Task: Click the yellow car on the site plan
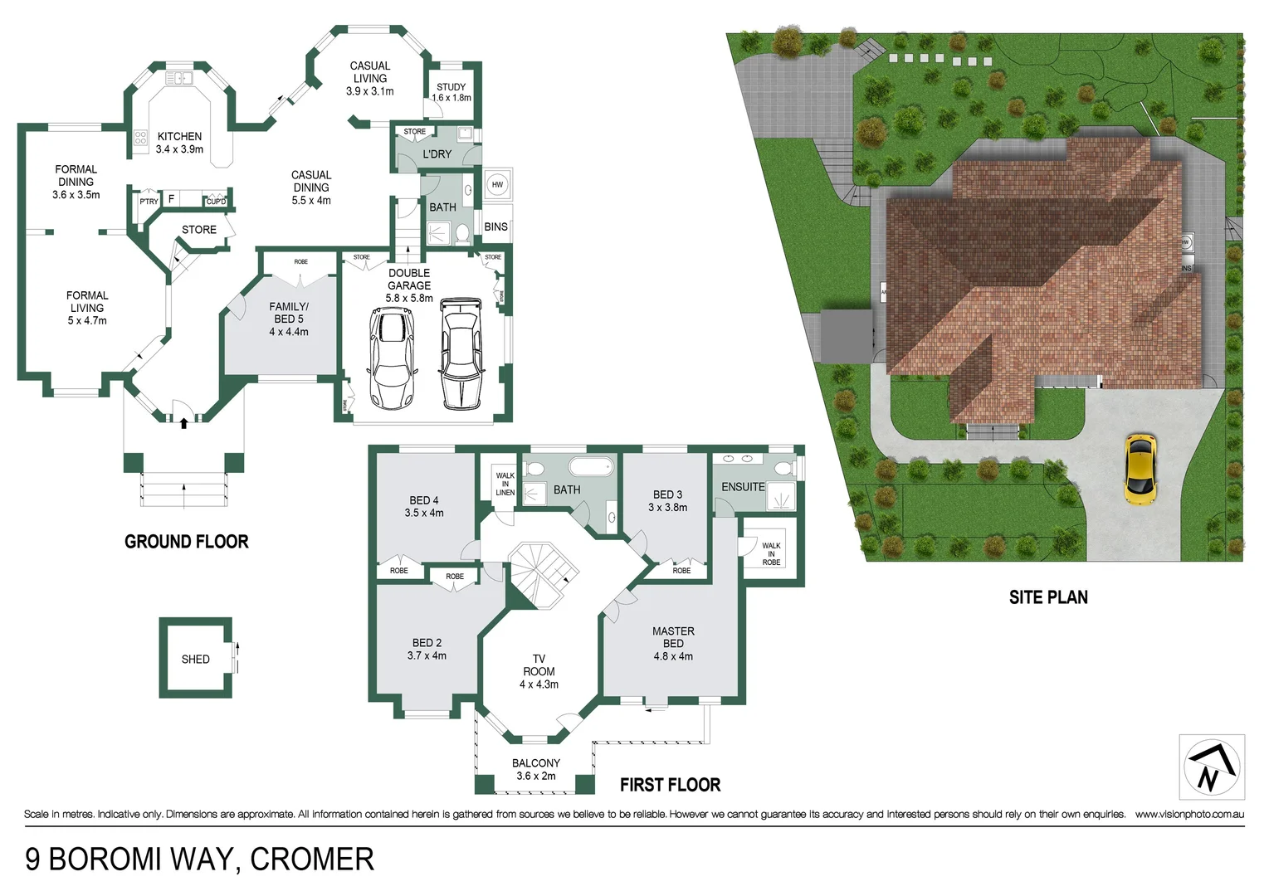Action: pyautogui.click(x=1140, y=469)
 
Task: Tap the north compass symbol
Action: pyautogui.click(x=1211, y=767)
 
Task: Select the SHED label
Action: pyautogui.click(x=195, y=659)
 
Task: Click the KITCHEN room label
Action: pyautogui.click(x=179, y=136)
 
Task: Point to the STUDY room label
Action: pyautogui.click(x=451, y=87)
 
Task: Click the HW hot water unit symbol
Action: pyautogui.click(x=497, y=184)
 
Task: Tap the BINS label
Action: pyautogui.click(x=495, y=226)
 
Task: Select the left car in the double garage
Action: pyautogui.click(x=392, y=358)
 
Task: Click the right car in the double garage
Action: pyautogui.click(x=461, y=354)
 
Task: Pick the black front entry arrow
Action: pyautogui.click(x=183, y=422)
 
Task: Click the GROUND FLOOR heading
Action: pyautogui.click(x=186, y=542)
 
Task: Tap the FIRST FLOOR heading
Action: pyautogui.click(x=670, y=785)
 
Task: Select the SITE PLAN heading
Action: pyautogui.click(x=1047, y=597)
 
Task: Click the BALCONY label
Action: pyautogui.click(x=535, y=763)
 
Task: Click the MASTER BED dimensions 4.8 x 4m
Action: pyautogui.click(x=673, y=656)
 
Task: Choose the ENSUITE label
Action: pyautogui.click(x=743, y=487)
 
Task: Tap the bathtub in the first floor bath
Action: pyautogui.click(x=590, y=465)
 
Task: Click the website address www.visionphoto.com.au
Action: pyautogui.click(x=1189, y=815)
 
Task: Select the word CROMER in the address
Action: pyautogui.click(x=312, y=859)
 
